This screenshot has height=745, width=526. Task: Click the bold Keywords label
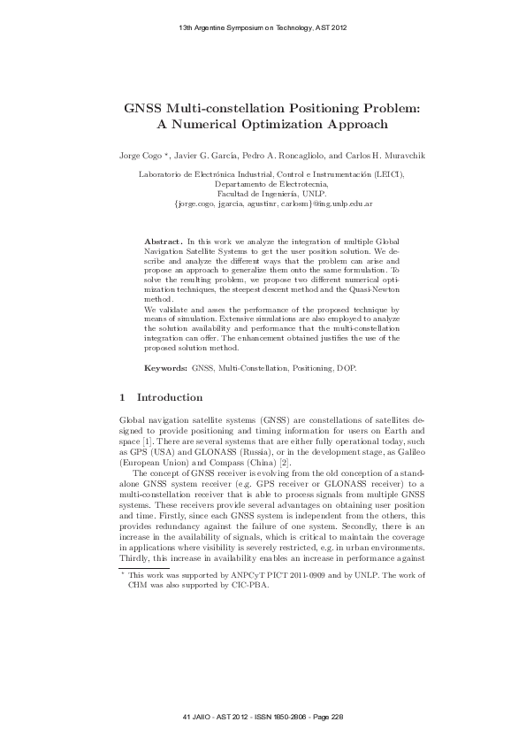(166, 365)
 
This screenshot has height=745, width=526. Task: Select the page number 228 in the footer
(336, 715)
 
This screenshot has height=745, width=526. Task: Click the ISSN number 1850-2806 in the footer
(270, 715)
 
